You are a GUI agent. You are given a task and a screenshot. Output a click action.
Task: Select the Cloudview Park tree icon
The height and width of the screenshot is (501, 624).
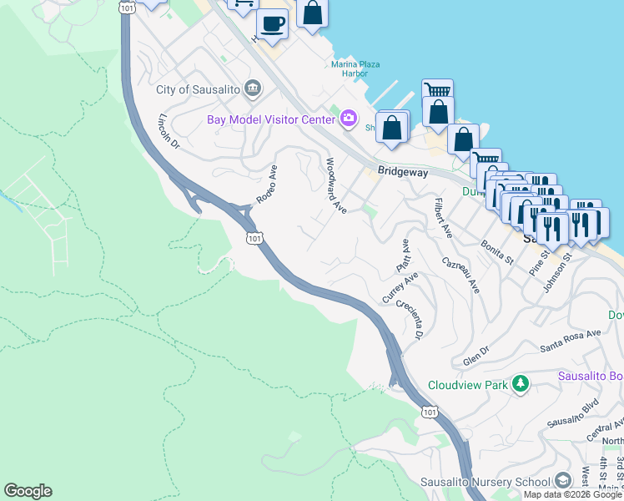(x=521, y=384)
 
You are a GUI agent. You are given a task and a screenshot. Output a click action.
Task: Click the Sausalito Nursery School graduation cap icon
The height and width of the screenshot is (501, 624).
(x=563, y=482)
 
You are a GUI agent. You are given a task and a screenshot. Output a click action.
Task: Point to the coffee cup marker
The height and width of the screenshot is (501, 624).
(x=272, y=23)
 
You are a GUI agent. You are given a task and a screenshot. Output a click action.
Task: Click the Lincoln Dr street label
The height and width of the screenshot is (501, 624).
(x=169, y=130)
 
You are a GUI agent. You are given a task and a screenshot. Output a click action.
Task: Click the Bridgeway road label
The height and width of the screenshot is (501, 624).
(x=403, y=170)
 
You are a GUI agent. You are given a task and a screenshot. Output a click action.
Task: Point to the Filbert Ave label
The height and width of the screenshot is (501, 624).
(x=443, y=217)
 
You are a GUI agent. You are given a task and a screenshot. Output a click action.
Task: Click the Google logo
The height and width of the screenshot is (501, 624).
(x=28, y=491)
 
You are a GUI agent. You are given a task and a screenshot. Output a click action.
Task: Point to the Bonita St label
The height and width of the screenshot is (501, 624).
(x=496, y=253)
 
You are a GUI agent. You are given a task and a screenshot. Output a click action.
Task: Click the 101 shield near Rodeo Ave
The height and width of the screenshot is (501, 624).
(x=255, y=239)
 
